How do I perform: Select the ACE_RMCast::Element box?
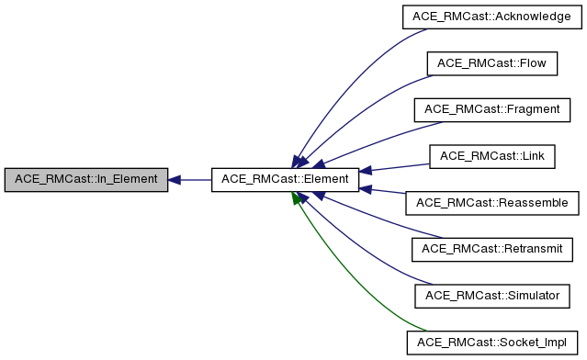coord(285,180)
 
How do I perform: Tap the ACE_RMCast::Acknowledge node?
coord(493,16)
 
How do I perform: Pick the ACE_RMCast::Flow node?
coord(493,62)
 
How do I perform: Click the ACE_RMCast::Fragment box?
coord(493,109)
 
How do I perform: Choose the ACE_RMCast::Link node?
coord(493,156)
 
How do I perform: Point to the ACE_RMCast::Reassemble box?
coord(493,203)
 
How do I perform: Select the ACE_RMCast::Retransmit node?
coord(493,250)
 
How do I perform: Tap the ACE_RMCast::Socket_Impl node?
coord(493,343)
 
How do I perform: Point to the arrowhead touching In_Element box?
coord(175,180)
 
